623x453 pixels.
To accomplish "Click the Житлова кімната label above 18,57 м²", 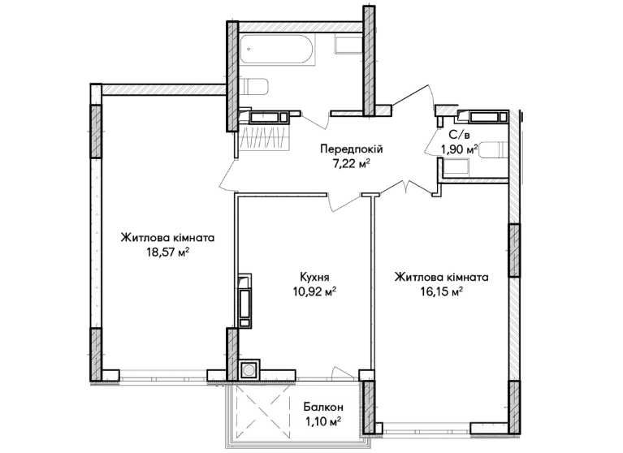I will coord(167,239).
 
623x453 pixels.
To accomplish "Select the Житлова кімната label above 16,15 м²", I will coord(441,277).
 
